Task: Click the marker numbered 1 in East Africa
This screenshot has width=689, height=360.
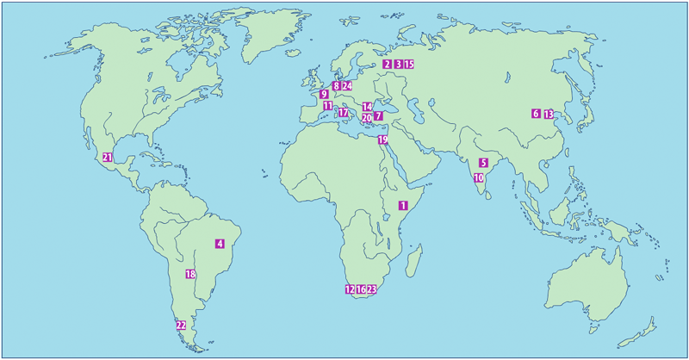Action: [x=402, y=205]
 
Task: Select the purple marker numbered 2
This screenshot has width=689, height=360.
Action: [x=388, y=65]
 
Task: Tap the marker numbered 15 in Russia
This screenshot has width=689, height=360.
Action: [x=409, y=65]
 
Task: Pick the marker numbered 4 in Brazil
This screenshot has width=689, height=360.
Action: [x=220, y=244]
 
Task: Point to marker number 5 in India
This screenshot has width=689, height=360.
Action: [x=483, y=162]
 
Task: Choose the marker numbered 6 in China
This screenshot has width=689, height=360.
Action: [x=535, y=114]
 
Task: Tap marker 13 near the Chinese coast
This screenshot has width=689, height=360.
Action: [x=548, y=114]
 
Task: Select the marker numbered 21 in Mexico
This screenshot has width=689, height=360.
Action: [x=108, y=157]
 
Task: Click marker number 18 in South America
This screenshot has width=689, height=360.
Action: [x=190, y=275]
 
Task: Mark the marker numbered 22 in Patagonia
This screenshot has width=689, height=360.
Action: [x=181, y=326]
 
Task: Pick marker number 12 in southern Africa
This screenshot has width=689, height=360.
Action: [x=350, y=289]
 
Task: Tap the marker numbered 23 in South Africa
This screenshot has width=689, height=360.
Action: [x=372, y=289]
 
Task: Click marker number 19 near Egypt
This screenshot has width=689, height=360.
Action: [x=382, y=140]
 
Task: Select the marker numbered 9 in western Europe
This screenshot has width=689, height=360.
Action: [x=324, y=95]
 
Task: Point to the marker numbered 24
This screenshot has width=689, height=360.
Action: [x=347, y=86]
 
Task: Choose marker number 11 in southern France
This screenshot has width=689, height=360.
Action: [x=327, y=106]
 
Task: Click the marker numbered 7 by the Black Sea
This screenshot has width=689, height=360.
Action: [x=378, y=116]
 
